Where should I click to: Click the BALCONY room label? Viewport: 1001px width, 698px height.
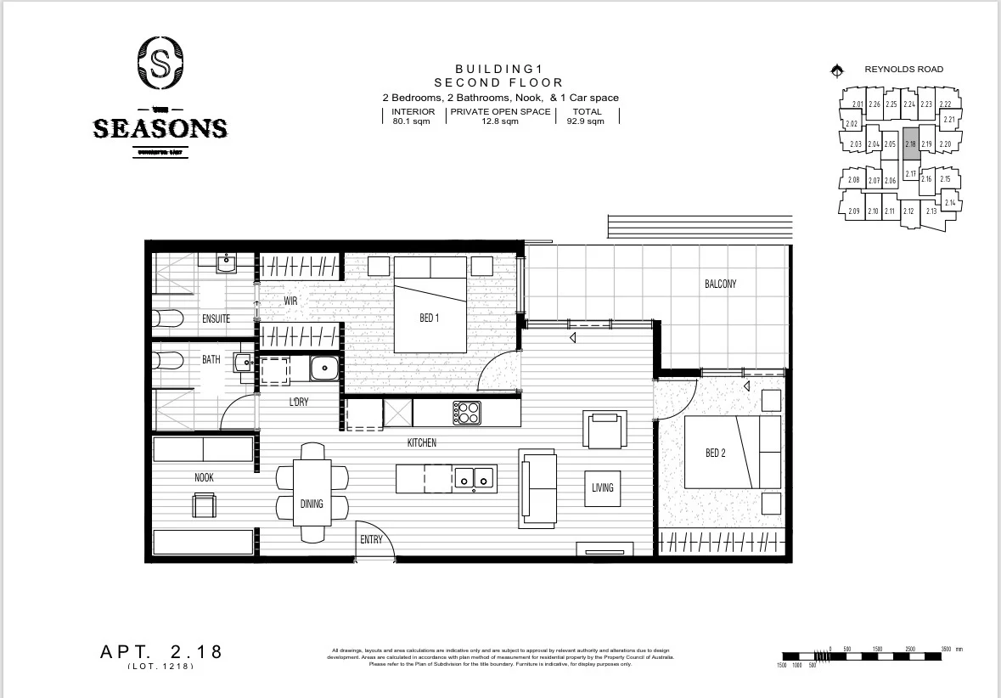pos(720,284)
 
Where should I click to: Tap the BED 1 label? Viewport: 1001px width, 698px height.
pos(430,318)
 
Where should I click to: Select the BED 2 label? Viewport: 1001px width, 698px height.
pos(716,453)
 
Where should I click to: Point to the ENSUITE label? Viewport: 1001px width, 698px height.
pos(216,318)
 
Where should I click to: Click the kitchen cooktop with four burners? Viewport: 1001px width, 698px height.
pos(466,413)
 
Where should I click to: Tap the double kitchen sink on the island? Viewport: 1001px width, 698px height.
pos(474,478)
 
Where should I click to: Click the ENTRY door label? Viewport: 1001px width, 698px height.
pos(371,539)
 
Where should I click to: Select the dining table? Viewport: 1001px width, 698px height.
pos(312,493)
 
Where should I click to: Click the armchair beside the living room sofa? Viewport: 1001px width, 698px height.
pos(605,428)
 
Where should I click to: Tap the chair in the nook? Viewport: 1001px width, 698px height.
pos(204,506)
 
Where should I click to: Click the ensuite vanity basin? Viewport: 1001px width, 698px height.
pos(226,264)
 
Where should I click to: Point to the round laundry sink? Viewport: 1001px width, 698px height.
pos(323,369)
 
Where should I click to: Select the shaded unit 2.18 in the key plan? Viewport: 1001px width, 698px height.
pos(910,144)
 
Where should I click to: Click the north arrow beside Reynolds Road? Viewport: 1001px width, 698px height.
pos(836,70)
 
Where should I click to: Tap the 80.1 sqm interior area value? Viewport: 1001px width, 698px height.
pos(413,121)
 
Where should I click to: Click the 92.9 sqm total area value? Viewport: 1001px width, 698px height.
pos(587,121)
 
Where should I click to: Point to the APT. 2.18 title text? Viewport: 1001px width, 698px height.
pos(161,652)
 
